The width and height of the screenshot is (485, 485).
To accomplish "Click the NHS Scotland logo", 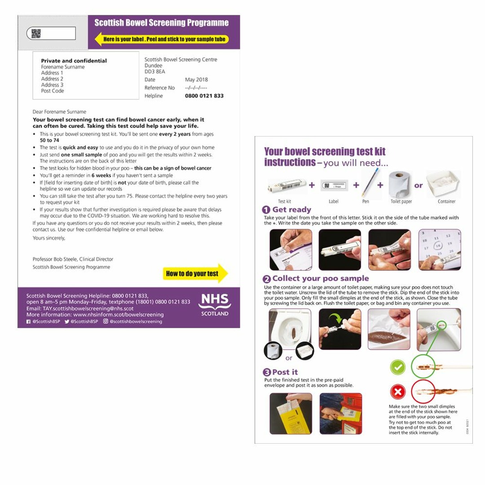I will coord(215,305).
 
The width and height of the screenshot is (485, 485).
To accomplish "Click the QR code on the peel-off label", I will coord(36,33).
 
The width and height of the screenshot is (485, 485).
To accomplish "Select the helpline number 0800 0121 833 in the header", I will coord(204,96).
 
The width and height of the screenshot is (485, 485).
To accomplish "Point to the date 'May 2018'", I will coord(196,79).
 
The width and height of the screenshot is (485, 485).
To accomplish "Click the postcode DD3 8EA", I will coord(155,71).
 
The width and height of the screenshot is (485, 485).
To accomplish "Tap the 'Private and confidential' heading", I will coord(74,61).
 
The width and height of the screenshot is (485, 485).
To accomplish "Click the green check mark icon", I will coord(397,367).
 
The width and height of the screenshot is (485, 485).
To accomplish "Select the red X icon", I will coord(397,392).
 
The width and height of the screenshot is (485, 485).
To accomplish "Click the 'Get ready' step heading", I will coord(291,210).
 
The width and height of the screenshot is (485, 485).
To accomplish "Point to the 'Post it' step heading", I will coord(285,372).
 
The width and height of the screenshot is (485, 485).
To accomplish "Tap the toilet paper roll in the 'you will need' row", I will coord(401,184).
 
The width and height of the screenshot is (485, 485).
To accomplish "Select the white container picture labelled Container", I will coord(446,184).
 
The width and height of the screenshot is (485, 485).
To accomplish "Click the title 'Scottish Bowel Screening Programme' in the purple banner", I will coord(161,23).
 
